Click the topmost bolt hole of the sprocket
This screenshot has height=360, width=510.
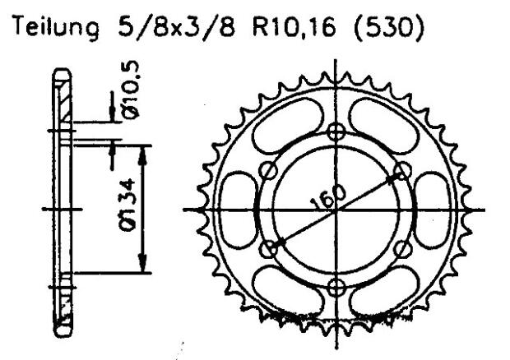click(x=335, y=132)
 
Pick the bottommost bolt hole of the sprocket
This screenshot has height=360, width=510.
click(x=335, y=287)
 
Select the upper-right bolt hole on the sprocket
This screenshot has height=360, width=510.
click(x=402, y=170)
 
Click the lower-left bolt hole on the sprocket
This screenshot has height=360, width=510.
click(x=267, y=248)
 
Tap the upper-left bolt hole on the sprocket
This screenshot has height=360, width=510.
click(x=267, y=170)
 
